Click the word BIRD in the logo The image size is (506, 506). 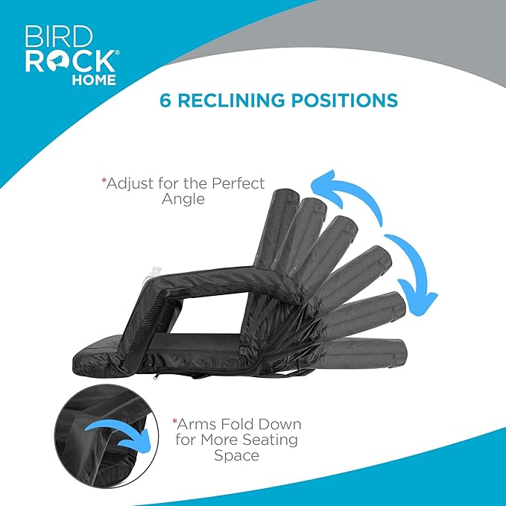(x=58, y=36)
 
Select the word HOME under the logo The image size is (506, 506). (x=94, y=80)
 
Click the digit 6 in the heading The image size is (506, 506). (x=165, y=100)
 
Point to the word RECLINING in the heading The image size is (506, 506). (x=232, y=100)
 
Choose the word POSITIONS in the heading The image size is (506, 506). (x=344, y=100)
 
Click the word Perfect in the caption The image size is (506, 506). (x=238, y=183)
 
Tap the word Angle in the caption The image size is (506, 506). (x=183, y=199)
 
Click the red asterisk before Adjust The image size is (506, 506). (x=104, y=180)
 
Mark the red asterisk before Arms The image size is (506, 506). (x=175, y=421)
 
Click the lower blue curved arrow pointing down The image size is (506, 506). (x=413, y=274)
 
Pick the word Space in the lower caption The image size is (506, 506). (x=236, y=456)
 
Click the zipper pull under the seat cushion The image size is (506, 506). (x=156, y=376)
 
